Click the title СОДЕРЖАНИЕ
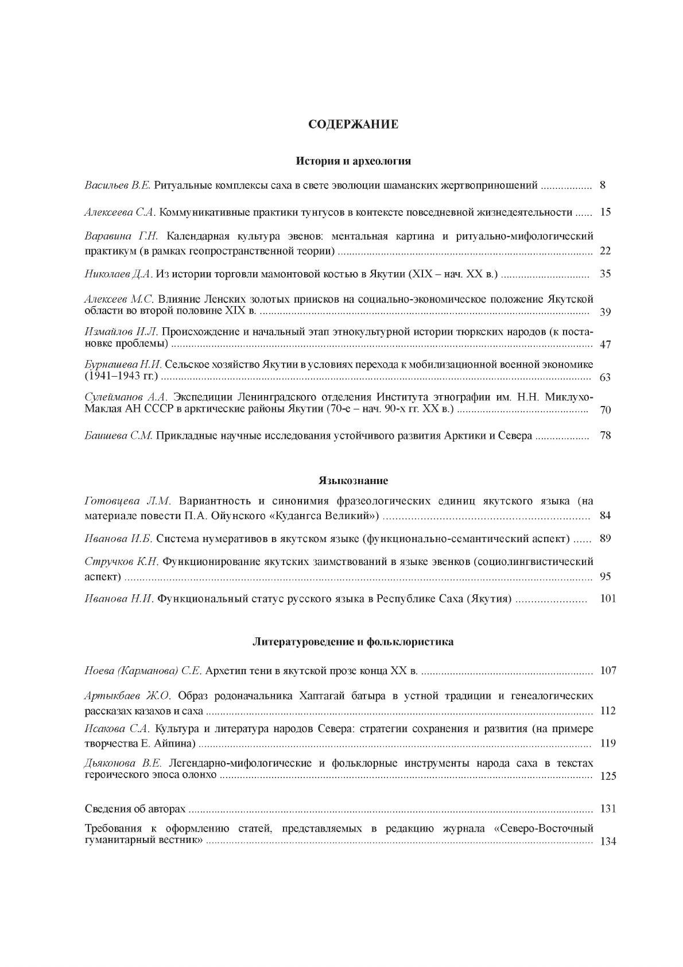click(x=353, y=125)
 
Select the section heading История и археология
click(x=353, y=161)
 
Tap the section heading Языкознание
click(x=353, y=480)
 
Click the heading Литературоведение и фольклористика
click(x=353, y=641)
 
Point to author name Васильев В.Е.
click(x=118, y=185)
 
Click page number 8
click(x=603, y=185)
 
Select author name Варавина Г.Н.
click(x=117, y=236)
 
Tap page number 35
click(x=605, y=274)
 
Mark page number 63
click(x=605, y=377)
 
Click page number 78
click(x=605, y=435)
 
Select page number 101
click(x=608, y=598)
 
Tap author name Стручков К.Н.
click(x=121, y=561)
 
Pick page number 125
click(x=608, y=776)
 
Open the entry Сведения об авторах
click(x=135, y=809)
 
